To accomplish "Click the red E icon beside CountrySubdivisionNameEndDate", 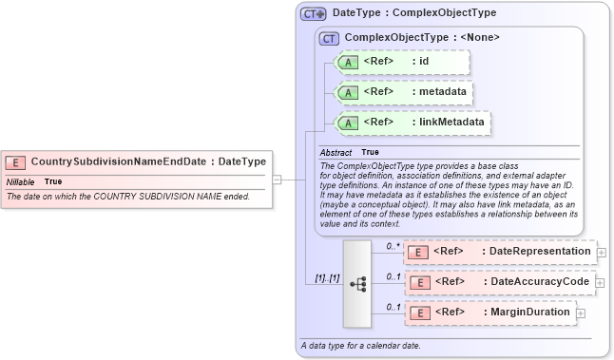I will [x=16, y=161].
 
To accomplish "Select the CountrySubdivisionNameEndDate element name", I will [x=119, y=161].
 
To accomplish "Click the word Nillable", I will [x=21, y=180].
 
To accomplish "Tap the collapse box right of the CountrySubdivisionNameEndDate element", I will [x=277, y=178].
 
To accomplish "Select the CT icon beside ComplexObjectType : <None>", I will [x=330, y=38].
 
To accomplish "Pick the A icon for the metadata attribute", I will [x=349, y=93].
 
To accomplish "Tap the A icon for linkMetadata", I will [x=349, y=123].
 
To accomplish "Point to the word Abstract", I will [x=336, y=152].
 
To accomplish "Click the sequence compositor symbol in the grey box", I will [x=357, y=283].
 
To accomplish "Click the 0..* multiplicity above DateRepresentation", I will [x=392, y=246].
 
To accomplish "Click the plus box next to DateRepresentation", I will [x=602, y=253].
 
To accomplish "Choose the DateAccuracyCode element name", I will [x=540, y=282].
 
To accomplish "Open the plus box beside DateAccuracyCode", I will [x=602, y=282].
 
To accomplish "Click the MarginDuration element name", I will [x=529, y=313].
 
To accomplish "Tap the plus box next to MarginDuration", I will [x=581, y=313].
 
